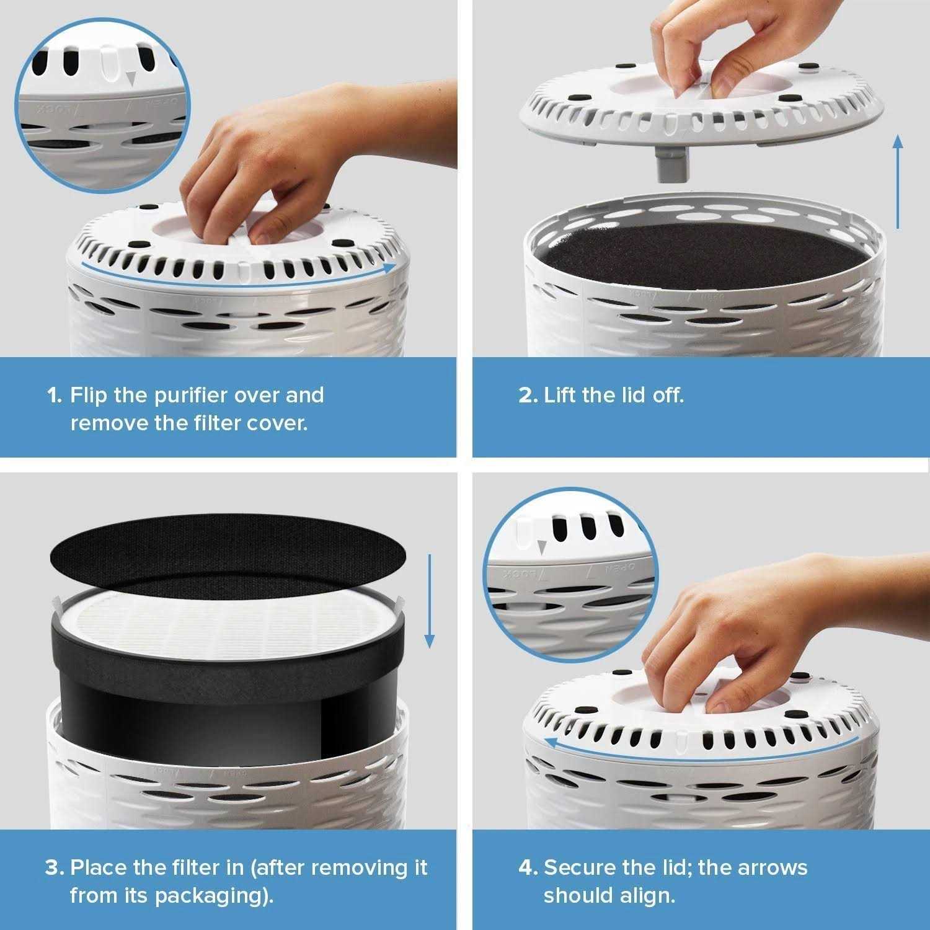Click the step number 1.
(54, 396)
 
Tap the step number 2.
(528, 396)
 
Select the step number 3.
(54, 867)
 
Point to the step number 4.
(528, 867)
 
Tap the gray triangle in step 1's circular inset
(130, 78)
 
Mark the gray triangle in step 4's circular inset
(542, 546)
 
